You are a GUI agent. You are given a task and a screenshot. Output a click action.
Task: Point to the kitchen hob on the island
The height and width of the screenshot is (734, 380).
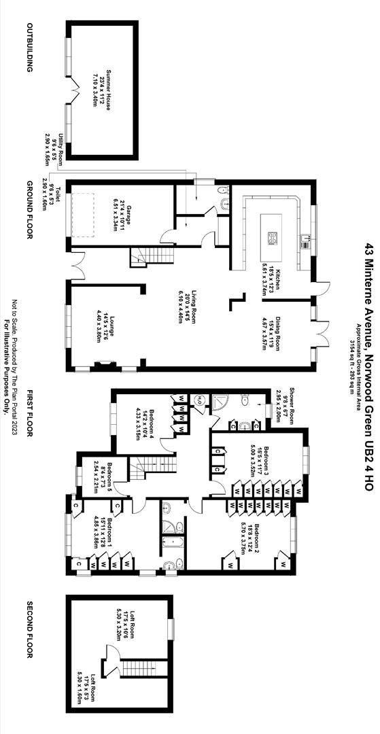(273, 237)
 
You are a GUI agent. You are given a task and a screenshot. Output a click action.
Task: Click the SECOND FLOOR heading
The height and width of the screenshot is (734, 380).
(29, 629)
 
